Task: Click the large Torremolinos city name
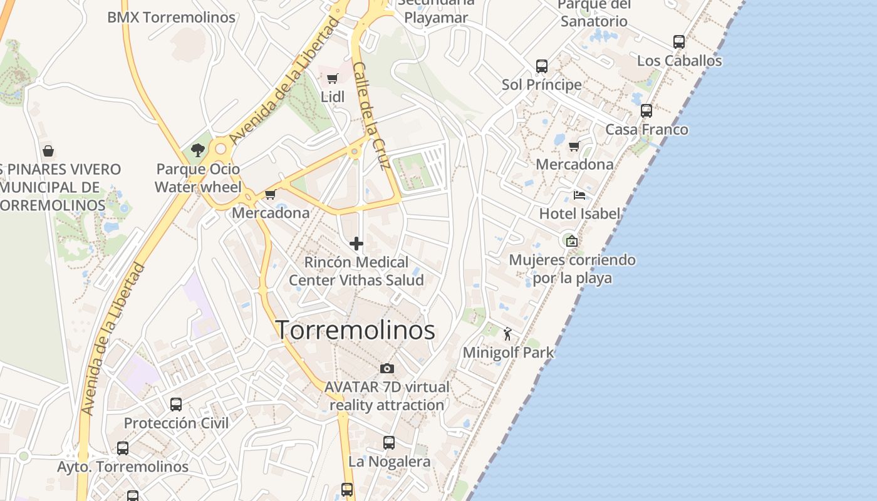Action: (x=355, y=330)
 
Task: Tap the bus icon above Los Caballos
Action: (x=678, y=42)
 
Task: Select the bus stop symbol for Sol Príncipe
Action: (x=542, y=66)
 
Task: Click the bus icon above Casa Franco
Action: (x=646, y=111)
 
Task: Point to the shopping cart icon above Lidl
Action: (x=332, y=79)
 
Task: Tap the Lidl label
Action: (x=332, y=97)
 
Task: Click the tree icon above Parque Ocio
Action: (x=198, y=150)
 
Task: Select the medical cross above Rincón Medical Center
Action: (x=356, y=244)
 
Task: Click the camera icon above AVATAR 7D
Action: (x=387, y=368)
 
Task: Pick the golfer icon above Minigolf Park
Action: (x=507, y=334)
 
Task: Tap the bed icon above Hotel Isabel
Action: (x=579, y=195)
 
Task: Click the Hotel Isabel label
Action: (x=579, y=214)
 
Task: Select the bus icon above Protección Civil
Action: (x=176, y=405)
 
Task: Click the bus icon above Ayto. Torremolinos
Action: (x=123, y=448)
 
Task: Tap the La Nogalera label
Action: (x=389, y=462)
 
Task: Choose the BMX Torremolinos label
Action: (x=171, y=17)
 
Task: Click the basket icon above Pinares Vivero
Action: (x=48, y=151)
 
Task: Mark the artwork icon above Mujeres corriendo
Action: (x=571, y=241)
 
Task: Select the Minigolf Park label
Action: (x=508, y=353)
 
